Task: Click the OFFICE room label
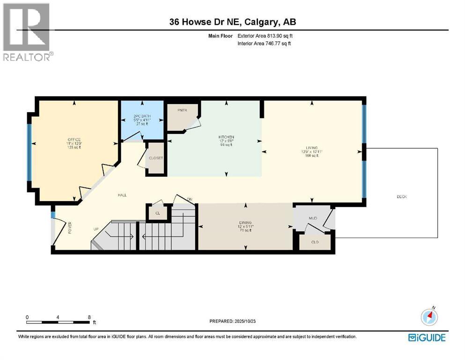(x=74, y=140)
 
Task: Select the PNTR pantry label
(x=183, y=111)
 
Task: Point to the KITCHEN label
(x=226, y=137)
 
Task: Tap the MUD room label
(x=313, y=218)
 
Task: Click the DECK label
(x=401, y=196)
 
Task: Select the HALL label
(x=122, y=195)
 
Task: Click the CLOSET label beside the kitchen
(x=156, y=158)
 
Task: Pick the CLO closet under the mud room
(x=315, y=242)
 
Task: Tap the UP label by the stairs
(x=96, y=229)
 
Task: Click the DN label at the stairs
(x=190, y=200)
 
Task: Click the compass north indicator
(x=429, y=317)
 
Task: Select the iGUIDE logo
(x=427, y=337)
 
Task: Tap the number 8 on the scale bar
(x=89, y=317)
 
